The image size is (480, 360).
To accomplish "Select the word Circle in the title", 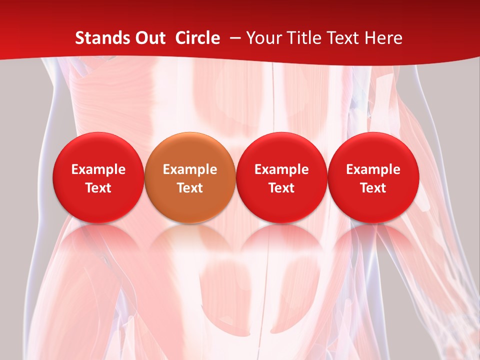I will tap(197, 38).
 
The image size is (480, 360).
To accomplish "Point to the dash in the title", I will tap(233, 38).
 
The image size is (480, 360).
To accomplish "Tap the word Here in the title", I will tap(383, 38).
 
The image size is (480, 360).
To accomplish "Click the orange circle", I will tap(190, 150).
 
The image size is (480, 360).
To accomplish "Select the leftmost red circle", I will tap(98, 150).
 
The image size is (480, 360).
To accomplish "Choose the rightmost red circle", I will tap(373, 150).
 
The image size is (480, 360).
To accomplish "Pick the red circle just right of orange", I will tap(281, 150).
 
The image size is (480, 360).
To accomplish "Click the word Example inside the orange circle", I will tap(190, 169).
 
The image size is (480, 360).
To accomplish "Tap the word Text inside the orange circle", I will tap(190, 188).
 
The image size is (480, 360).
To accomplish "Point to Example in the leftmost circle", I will tap(98, 169).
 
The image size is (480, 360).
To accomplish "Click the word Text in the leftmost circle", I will tap(98, 188).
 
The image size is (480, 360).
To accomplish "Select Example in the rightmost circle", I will tap(373, 169).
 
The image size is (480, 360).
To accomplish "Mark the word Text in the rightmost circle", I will tap(373, 188).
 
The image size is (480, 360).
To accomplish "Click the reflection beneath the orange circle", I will tap(190, 245).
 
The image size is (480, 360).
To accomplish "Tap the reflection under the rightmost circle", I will tap(373, 245).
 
